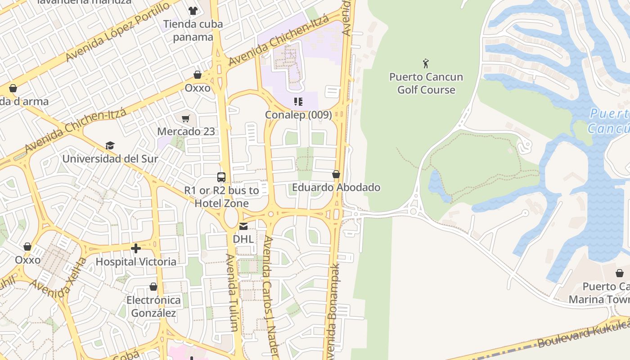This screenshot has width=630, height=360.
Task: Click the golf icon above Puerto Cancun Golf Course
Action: [x=426, y=63]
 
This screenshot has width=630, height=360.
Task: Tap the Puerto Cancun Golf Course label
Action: [x=426, y=83]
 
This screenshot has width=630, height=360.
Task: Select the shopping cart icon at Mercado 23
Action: [x=186, y=119]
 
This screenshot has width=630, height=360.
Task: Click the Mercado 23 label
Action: [x=186, y=132]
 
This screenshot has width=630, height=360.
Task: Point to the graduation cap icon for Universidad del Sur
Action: [x=110, y=145]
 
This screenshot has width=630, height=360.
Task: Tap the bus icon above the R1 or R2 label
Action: [x=221, y=177]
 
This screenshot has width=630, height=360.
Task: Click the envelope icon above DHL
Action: [x=243, y=226]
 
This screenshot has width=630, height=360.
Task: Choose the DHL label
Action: [x=243, y=239]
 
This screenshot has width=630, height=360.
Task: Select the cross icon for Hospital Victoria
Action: [x=135, y=248]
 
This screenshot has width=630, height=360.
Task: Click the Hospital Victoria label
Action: [x=136, y=261]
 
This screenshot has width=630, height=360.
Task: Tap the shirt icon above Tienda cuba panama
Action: [x=193, y=11]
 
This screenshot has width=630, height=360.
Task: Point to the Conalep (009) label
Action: [x=298, y=115]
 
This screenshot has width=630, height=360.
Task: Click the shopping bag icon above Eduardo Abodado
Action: [x=336, y=174]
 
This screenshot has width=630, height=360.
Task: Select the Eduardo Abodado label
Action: [x=336, y=187]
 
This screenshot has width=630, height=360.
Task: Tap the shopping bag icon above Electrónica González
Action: [x=153, y=287]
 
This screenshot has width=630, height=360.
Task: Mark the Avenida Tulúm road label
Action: [x=232, y=292]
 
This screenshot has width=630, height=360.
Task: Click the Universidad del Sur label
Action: [x=110, y=159]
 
